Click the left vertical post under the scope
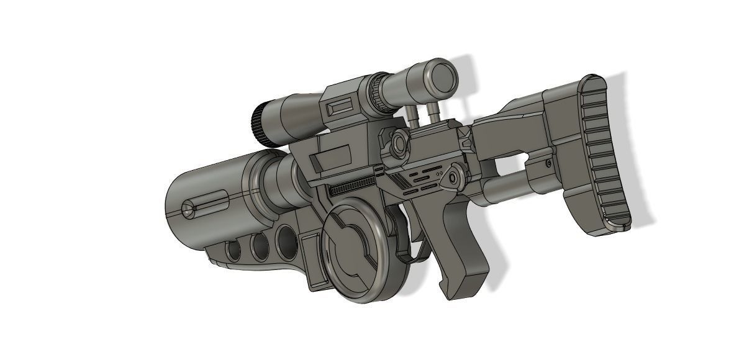(x=411, y=117)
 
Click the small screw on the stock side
(x=549, y=163)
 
